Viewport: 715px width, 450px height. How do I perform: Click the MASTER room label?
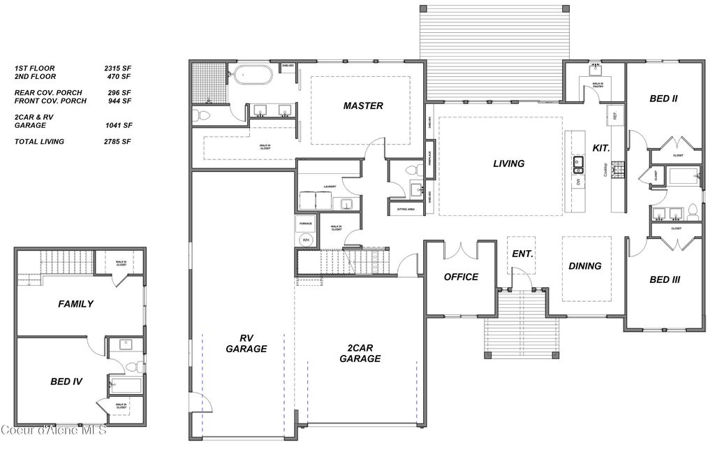tap(363, 106)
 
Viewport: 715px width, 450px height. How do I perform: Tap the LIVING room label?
tap(508, 164)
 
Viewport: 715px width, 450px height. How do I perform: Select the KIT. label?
tap(601, 148)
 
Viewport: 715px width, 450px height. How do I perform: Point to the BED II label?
tap(663, 99)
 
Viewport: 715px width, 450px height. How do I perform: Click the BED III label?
tap(665, 280)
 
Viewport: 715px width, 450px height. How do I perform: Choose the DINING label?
tap(584, 266)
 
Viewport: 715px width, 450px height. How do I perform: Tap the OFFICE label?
tap(461, 277)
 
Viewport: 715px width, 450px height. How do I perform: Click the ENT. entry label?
tap(522, 254)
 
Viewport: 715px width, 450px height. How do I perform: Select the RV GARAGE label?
tap(247, 342)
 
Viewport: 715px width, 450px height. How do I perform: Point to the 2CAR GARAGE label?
tap(360, 353)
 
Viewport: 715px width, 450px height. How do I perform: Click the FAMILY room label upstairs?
tap(75, 304)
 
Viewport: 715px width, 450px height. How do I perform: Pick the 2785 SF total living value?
tap(117, 142)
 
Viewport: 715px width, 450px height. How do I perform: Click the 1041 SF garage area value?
tap(117, 126)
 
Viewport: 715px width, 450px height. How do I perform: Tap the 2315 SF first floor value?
tap(117, 68)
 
